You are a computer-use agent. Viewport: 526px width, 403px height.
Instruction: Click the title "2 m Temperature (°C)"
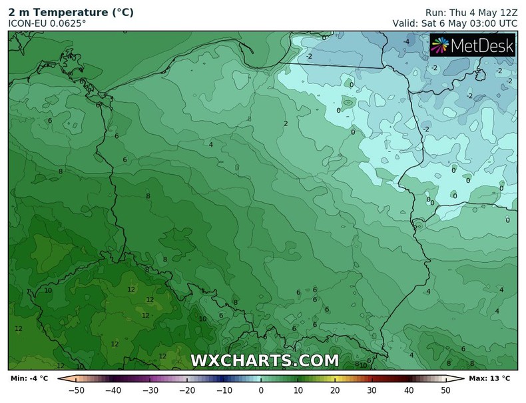point(71,12)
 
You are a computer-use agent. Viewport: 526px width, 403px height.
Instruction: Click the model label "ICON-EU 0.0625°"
point(47,23)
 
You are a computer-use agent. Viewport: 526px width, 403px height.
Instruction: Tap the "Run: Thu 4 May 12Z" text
point(471,12)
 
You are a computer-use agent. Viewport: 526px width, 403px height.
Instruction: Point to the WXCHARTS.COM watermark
point(264,361)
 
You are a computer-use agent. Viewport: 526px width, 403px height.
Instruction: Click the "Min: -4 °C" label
point(29,379)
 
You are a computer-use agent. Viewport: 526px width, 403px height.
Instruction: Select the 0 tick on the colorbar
point(261,390)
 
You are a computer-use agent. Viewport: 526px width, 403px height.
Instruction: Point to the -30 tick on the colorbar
point(150,390)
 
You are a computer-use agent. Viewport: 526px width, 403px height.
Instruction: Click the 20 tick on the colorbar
point(335,390)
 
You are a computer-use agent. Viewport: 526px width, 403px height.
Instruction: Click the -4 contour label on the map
point(405,42)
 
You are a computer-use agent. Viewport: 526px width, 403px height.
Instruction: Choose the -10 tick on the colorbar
point(224,390)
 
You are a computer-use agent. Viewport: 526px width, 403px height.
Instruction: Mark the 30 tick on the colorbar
point(372,390)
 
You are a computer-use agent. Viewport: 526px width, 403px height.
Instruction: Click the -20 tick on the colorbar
point(187,390)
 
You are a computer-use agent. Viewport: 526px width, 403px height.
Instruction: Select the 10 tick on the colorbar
point(298,390)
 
